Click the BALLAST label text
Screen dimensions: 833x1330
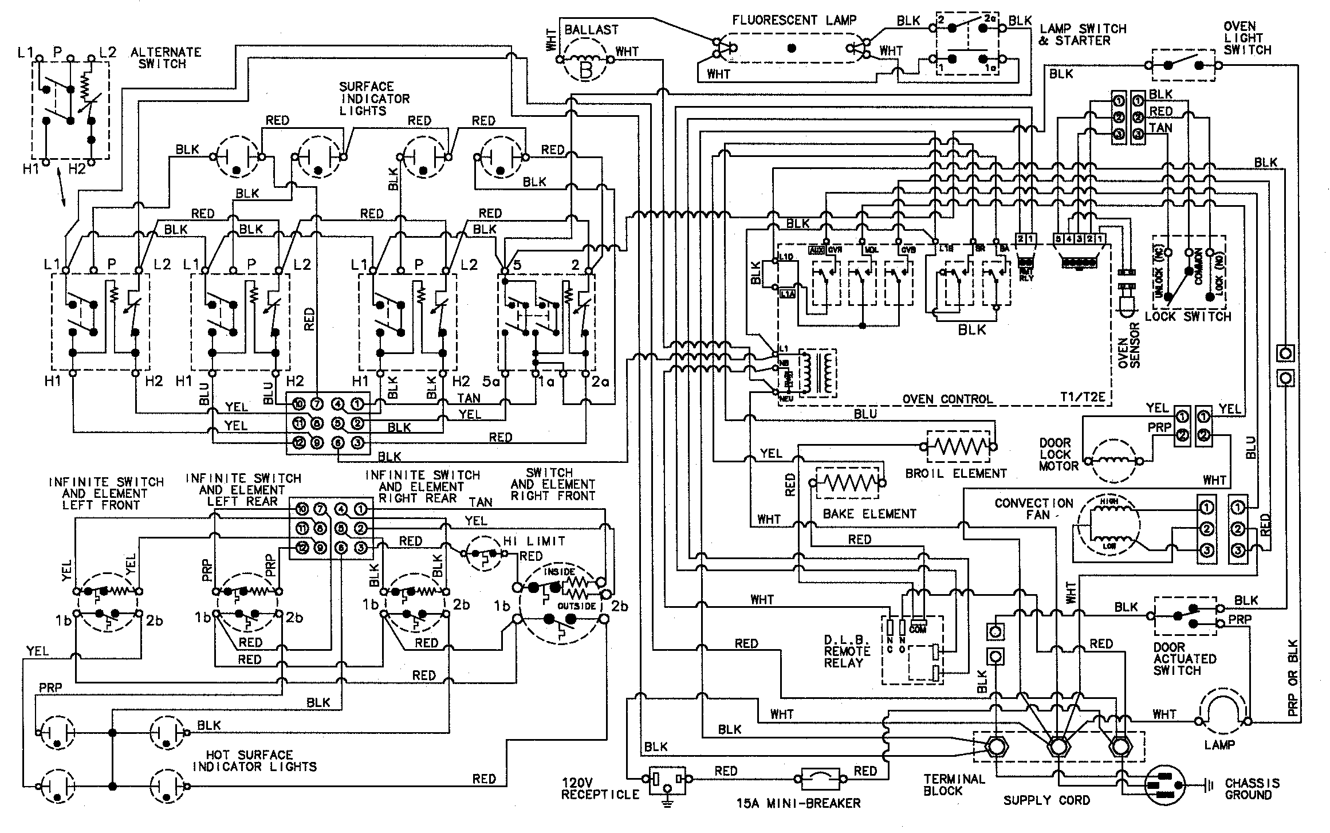click(591, 30)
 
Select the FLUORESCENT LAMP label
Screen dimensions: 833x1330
click(794, 21)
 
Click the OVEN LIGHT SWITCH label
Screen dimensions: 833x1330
click(1247, 38)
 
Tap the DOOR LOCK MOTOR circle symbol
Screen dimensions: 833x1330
click(1114, 460)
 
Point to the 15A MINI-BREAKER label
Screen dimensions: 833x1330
click(798, 803)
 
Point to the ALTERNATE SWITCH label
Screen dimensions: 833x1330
click(166, 58)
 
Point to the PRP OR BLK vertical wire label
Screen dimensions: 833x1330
click(1292, 677)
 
